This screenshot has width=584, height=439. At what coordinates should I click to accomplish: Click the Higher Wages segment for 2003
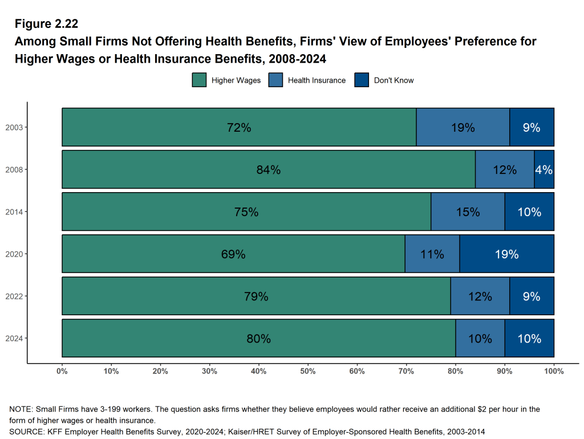(171, 127)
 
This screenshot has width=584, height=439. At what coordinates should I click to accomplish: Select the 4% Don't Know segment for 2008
(544, 169)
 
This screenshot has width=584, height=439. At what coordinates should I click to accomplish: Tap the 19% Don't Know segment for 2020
(506, 254)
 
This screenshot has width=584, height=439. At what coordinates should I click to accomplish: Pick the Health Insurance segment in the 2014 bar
(468, 212)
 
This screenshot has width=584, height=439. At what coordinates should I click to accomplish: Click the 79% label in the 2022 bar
(256, 296)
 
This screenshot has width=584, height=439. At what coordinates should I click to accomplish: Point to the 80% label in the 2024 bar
(258, 339)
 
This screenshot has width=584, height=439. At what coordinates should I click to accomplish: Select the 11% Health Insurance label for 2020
(432, 254)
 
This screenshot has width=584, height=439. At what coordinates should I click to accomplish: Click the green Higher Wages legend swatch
(199, 80)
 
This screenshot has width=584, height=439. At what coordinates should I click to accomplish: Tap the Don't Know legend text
(394, 80)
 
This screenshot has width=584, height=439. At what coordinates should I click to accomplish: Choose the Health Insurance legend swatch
(275, 80)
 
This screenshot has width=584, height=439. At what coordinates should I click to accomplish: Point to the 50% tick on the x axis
(308, 371)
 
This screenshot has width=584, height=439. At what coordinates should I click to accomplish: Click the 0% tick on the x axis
(62, 371)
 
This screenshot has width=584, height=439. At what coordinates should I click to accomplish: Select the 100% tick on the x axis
(554, 371)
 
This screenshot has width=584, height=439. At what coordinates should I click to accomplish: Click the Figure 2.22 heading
(47, 24)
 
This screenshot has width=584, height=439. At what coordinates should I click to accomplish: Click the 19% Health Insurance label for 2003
(463, 128)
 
